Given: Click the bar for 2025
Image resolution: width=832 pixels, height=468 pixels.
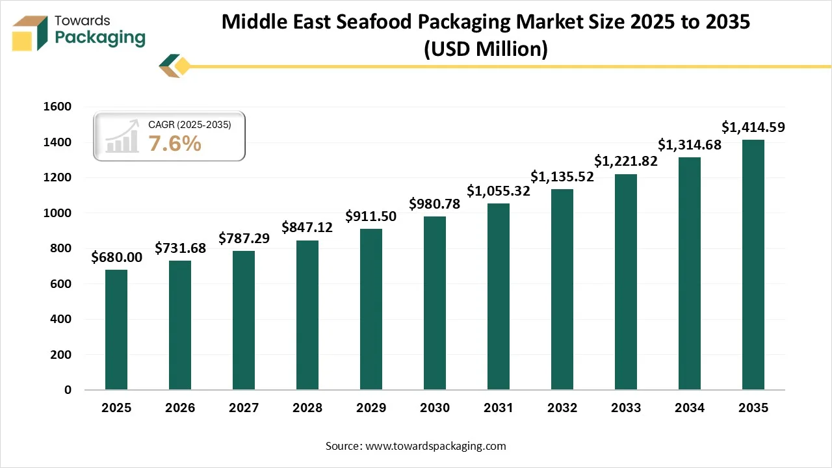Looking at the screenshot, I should tap(116, 330).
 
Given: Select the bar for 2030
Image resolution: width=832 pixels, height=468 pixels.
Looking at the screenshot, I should tap(435, 303).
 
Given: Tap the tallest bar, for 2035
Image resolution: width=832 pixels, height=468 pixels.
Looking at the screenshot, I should tap(753, 265).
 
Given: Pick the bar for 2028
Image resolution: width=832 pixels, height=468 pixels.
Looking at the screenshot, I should tap(307, 315).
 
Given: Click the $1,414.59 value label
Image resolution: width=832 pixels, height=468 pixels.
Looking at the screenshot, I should tap(753, 127).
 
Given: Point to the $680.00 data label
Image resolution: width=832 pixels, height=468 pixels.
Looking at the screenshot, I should tap(116, 257).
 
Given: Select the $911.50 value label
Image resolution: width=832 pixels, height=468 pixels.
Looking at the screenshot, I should tap(371, 216).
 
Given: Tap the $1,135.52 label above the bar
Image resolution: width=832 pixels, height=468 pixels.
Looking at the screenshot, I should tap(562, 176).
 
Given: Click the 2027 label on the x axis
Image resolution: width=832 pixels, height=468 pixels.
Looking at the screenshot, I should tap(244, 408).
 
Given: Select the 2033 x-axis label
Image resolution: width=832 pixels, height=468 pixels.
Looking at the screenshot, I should tap(626, 408).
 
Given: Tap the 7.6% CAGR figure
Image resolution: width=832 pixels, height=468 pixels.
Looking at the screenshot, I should tap(175, 144).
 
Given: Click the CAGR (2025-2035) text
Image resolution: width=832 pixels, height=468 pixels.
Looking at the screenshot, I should tap(190, 124).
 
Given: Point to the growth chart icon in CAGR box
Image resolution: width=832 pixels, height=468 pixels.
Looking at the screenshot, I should tap(123, 136).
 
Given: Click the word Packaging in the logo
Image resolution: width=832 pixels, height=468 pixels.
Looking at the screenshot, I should tap(100, 38).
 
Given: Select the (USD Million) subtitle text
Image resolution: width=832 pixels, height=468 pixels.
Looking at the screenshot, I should tap(486, 49).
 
